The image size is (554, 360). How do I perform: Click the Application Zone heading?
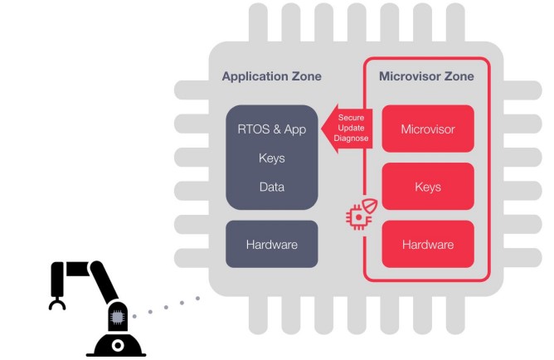[x=271, y=77]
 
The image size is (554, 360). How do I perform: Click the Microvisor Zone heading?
[x=426, y=77]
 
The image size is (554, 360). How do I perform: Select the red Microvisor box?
[x=427, y=129]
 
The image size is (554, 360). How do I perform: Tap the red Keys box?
[x=427, y=187]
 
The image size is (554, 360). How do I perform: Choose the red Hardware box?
[x=427, y=245]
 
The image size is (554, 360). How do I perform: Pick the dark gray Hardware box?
[x=271, y=245]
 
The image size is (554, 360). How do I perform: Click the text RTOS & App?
[x=271, y=129]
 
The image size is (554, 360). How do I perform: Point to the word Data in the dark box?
[x=271, y=187]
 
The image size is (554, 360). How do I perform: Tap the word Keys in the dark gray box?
[x=271, y=158]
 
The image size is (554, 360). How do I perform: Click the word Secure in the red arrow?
[x=352, y=118]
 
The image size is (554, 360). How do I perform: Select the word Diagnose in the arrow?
[x=352, y=139]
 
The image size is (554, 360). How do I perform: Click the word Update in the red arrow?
[x=352, y=128]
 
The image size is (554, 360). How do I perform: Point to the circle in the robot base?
[x=118, y=344]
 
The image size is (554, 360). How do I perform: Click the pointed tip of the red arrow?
[x=324, y=129]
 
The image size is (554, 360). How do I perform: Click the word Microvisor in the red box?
[x=427, y=129]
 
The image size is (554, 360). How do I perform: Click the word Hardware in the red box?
[x=427, y=245]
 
